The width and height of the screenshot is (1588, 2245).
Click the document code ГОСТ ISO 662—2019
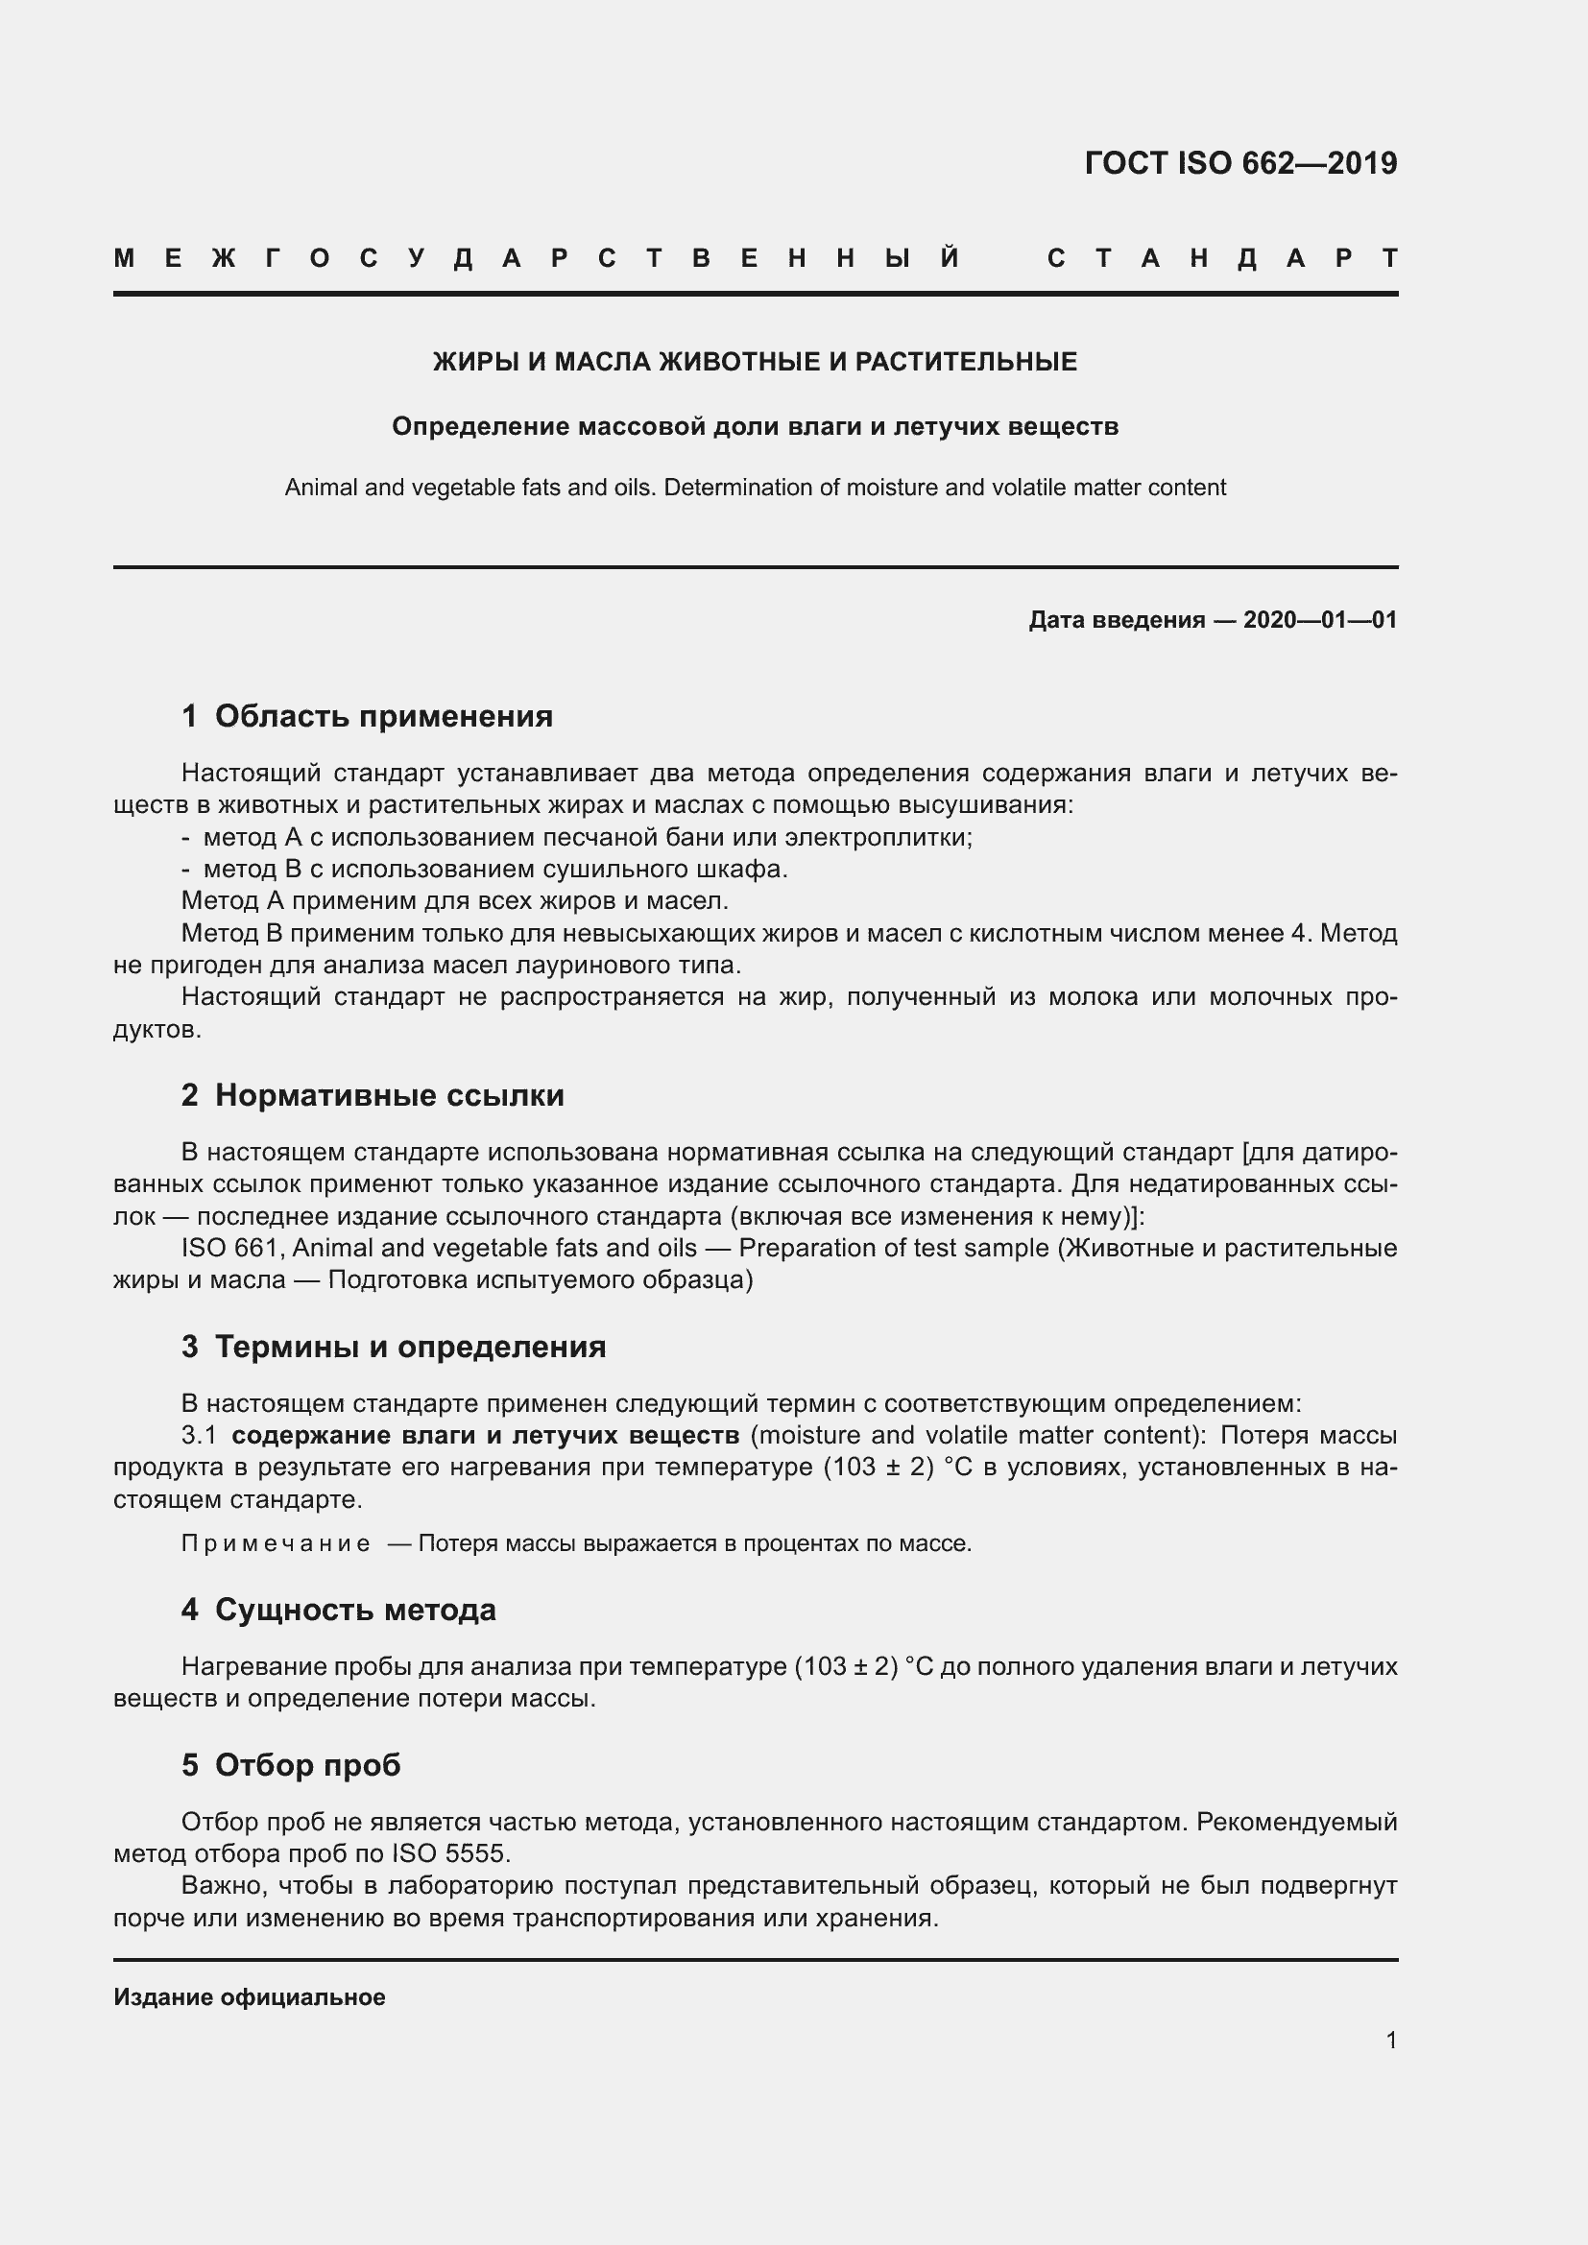pos(1239,162)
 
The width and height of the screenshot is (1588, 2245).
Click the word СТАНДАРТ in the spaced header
pos(1221,258)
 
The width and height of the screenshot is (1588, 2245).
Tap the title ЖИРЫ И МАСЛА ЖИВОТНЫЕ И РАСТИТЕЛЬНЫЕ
pos(755,362)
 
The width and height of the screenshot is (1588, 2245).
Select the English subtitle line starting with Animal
pos(755,487)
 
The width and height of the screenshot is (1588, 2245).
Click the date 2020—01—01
pos(1319,620)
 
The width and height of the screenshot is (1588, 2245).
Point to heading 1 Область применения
pos(367,717)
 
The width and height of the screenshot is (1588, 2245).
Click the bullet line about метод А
pos(587,837)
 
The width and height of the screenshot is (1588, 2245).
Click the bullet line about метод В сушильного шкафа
pos(494,869)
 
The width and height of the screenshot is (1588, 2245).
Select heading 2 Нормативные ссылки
pos(373,1095)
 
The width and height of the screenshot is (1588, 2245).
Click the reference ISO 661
pos(231,1248)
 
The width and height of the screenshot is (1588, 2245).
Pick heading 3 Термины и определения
pos(393,1347)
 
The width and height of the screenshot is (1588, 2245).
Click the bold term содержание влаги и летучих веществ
pos(485,1435)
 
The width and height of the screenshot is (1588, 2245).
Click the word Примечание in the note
pos(276,1544)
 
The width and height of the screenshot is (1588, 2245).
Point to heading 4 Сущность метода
pos(338,1610)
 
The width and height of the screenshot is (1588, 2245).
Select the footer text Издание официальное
pos(250,1997)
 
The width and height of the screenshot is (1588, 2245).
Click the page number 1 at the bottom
pos(1390,2040)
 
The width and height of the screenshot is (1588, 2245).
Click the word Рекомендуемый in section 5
pos(1296,1822)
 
